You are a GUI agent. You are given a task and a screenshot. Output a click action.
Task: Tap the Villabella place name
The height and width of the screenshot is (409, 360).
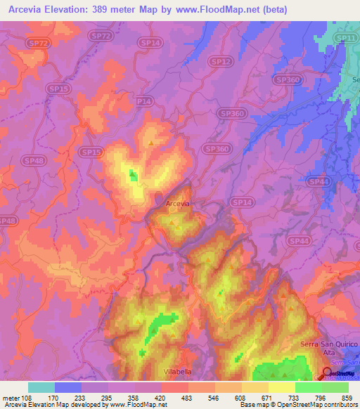(x=177, y=370)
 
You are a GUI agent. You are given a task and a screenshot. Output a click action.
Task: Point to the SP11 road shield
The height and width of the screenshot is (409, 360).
(x=345, y=37)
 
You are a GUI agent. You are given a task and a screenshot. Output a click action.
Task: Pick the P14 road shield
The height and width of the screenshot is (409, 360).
(x=143, y=101)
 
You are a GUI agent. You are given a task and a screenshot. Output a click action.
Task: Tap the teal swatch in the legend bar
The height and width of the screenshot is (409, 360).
(x=41, y=387)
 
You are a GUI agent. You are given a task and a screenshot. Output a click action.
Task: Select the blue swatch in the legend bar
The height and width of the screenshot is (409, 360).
(x=68, y=387)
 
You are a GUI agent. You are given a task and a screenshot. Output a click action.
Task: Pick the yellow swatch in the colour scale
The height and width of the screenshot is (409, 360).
(x=281, y=387)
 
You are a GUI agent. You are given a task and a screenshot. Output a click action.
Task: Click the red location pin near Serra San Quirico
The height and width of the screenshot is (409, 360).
(x=327, y=370)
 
